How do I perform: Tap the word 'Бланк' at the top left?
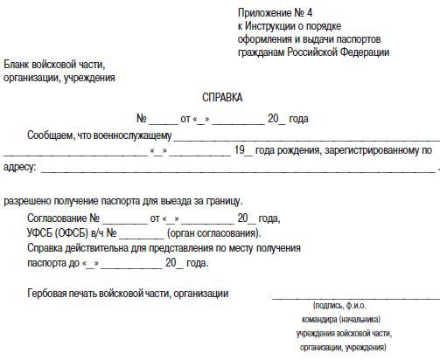[17, 65]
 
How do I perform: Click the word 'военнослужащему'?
[135, 135]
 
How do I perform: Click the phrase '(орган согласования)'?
[213, 233]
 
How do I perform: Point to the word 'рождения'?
[298, 150]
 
